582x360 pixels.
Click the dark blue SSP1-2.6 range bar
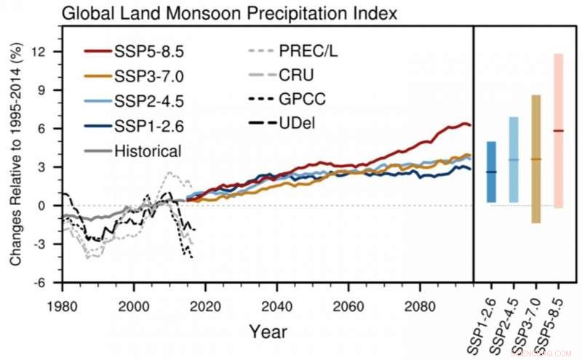(x=491, y=172)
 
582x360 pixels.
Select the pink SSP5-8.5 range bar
(x=558, y=131)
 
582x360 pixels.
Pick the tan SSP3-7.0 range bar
(x=536, y=159)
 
